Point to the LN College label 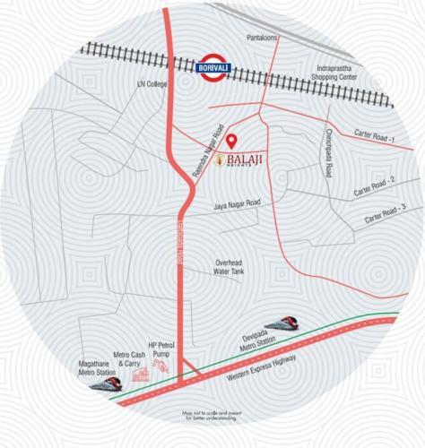tap(152, 84)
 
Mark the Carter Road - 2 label tap(375, 188)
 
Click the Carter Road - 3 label tap(385, 215)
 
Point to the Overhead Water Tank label tap(230, 267)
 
